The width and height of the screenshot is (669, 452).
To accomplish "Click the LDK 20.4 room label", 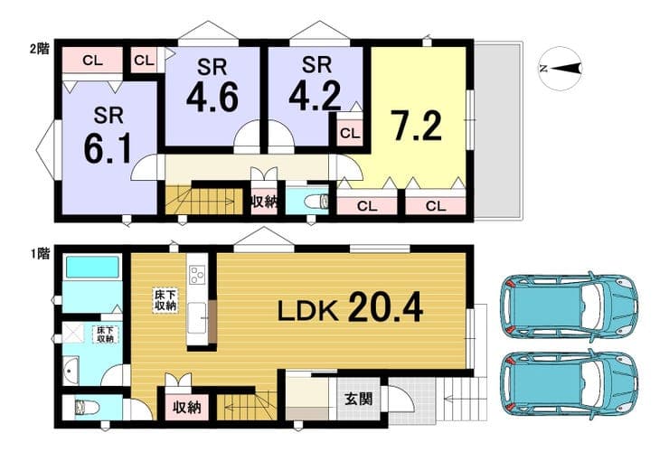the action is (350, 306).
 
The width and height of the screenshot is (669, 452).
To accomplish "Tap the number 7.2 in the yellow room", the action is (417, 125).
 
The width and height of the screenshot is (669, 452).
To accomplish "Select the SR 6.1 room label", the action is (108, 135).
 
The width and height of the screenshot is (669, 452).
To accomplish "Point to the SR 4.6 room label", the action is (212, 85).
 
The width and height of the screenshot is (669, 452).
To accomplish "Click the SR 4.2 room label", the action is (316, 84).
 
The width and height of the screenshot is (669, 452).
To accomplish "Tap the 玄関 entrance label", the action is (358, 399).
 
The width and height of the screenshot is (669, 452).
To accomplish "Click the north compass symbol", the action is (561, 69).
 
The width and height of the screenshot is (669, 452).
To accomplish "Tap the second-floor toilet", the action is (317, 201).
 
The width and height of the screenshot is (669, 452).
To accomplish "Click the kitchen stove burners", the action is (197, 275).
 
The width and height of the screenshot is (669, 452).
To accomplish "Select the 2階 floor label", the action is (39, 49).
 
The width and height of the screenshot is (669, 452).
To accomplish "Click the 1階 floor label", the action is (40, 254).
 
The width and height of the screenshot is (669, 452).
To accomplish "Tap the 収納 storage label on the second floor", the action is (264, 202).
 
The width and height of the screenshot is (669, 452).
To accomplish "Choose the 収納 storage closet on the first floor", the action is (187, 408).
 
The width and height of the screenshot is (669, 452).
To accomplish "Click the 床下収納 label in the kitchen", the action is (165, 300).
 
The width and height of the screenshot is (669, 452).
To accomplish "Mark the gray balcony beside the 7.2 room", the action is (497, 130).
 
